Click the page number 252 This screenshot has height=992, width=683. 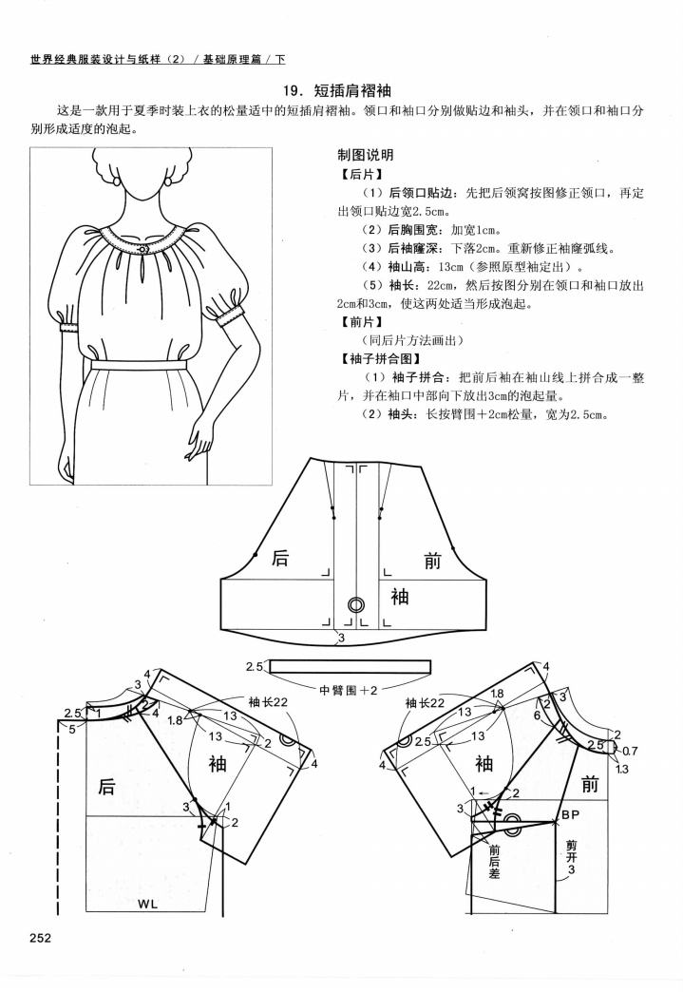tap(40, 939)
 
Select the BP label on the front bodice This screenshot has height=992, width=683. tap(570, 815)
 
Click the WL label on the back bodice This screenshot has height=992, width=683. tap(148, 903)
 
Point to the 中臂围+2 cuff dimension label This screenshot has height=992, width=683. tap(350, 689)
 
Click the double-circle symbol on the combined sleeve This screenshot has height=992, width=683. tap(356, 604)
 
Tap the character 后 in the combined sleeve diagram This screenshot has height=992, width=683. tap(279, 559)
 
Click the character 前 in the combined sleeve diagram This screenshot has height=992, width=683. tap(432, 562)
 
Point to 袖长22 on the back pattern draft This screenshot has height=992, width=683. tap(268, 702)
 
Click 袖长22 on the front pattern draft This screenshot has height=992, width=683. tap(425, 702)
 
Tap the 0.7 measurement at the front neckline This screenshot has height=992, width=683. tap(629, 751)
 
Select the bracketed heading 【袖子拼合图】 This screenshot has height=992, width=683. tap(373, 359)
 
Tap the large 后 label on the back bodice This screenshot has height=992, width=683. tap(106, 786)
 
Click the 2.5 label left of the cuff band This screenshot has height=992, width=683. tap(254, 666)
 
